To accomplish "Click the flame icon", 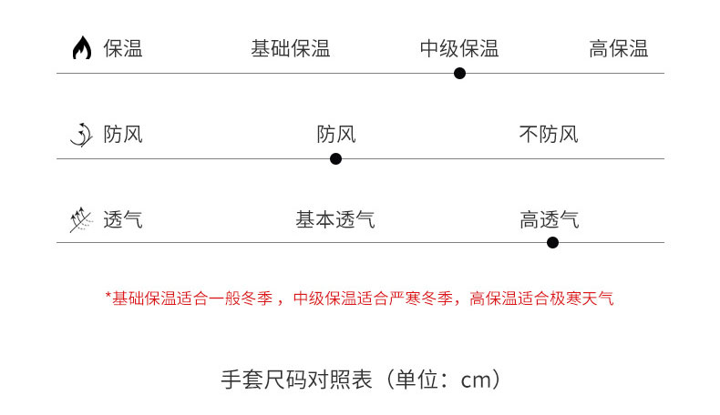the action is (82, 48).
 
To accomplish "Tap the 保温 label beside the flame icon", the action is (123, 48).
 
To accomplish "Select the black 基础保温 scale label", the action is (290, 48).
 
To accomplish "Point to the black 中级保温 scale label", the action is (458, 48).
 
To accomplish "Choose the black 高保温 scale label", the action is (618, 48).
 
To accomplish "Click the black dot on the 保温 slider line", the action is (459, 73).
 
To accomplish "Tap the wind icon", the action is (81, 135).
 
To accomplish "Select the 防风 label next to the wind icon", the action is (123, 135).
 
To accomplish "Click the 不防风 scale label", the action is (548, 135).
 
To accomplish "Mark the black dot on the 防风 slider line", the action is (335, 158).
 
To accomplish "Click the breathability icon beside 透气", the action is (81, 219).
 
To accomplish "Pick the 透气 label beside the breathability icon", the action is (123, 219).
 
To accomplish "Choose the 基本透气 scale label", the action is (334, 219).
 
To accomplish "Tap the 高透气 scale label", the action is (549, 219).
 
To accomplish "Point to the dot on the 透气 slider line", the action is (552, 242).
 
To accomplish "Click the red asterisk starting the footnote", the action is (108, 296).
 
